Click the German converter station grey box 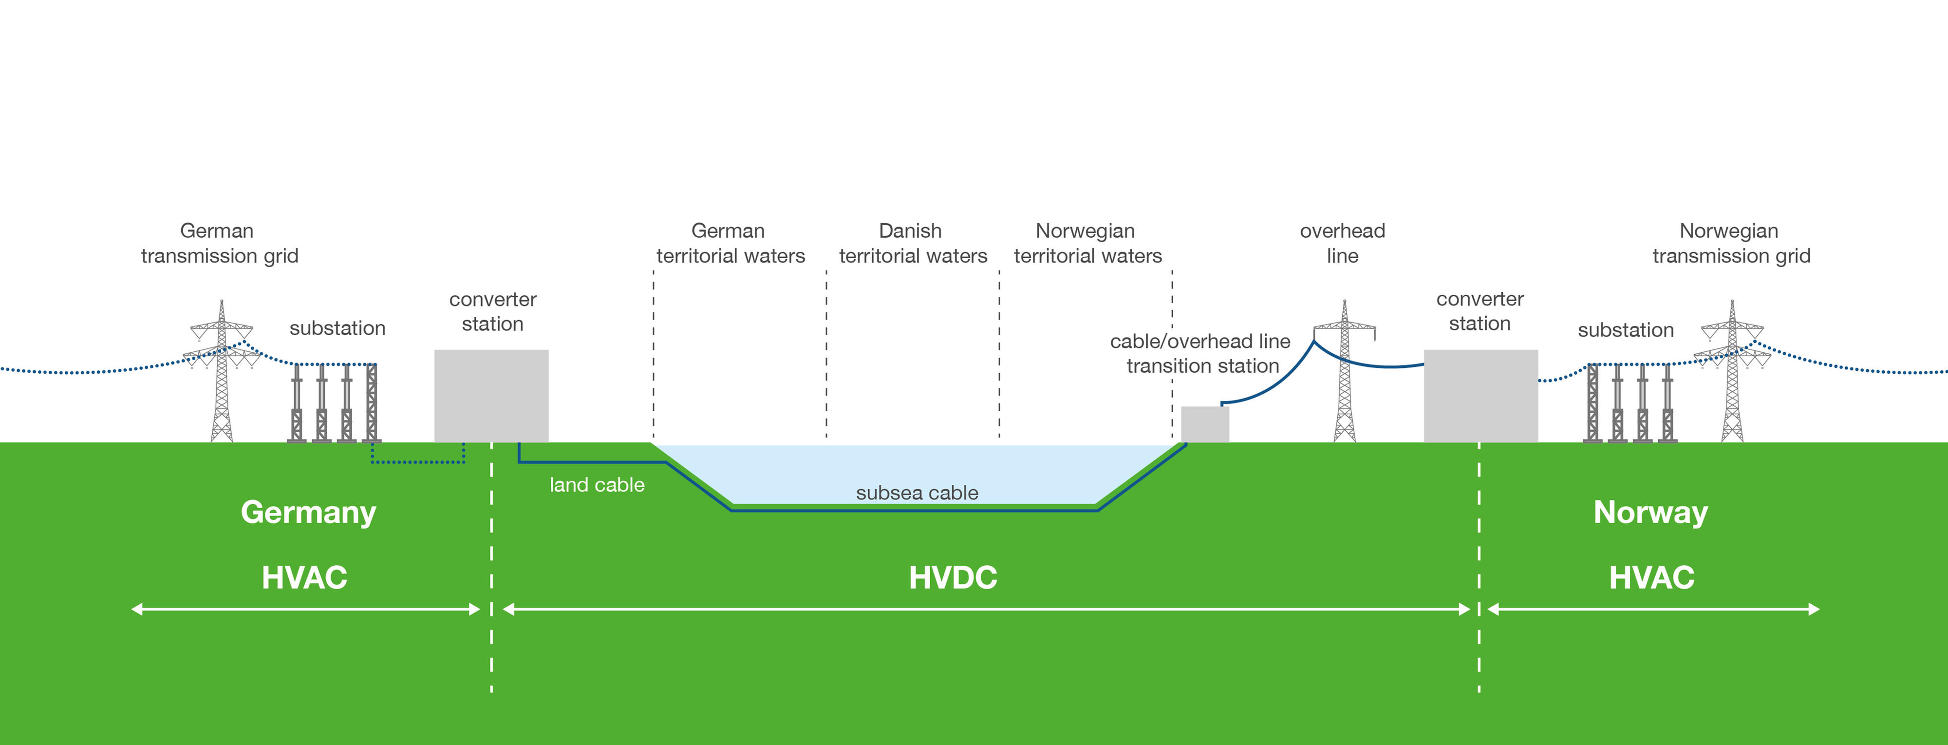(x=491, y=396)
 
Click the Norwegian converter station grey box (x=1480, y=396)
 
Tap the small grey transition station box (x=1205, y=424)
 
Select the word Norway (x=1651, y=513)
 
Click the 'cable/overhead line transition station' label (x=1201, y=354)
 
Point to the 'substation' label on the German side (x=337, y=328)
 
